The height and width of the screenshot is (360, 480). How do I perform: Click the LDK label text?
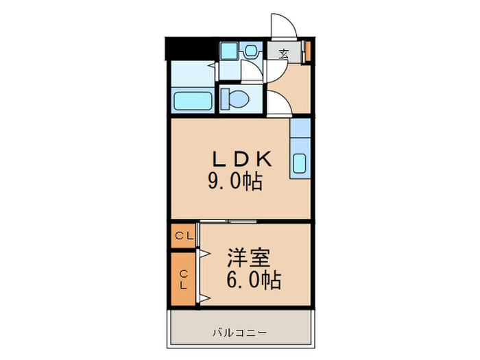pos(242,159)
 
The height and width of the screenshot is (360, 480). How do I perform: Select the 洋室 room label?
pos(248,258)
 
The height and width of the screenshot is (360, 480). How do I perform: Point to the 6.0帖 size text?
pos(254,280)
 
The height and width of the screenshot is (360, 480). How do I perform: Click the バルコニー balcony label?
pos(240,333)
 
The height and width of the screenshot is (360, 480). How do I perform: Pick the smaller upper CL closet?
pos(183,236)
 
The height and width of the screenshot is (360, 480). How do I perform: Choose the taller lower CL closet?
pos(183,279)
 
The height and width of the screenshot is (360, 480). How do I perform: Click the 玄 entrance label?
pos(284,54)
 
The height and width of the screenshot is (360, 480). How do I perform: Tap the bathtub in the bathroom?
pos(193,101)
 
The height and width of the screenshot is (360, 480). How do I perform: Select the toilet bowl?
pos(239,99)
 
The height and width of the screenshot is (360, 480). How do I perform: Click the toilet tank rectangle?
pos(225,99)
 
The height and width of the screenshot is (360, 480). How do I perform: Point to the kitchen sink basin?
pos(300,163)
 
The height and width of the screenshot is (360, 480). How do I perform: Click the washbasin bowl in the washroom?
pos(251,51)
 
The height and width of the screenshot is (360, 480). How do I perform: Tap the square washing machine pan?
pos(229,51)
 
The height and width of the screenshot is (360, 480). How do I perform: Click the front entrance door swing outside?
pos(284,26)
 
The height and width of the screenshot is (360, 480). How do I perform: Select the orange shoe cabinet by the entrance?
pos(308,50)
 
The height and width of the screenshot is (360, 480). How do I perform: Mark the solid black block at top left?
pos(189,49)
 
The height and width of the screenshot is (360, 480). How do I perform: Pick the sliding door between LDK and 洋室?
pos(228,221)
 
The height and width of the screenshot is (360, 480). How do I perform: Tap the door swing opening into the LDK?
pos(279,104)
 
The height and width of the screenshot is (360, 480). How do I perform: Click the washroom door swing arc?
pos(252,71)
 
